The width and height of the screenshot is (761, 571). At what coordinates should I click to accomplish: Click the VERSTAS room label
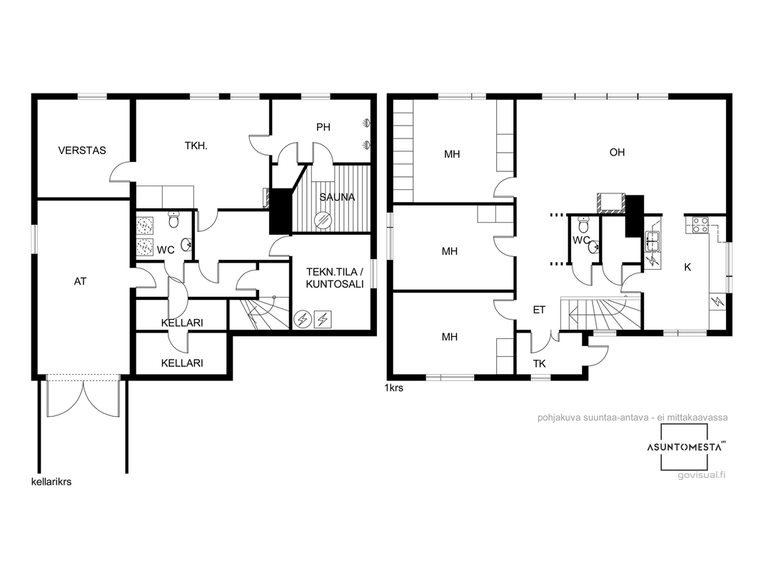pyautogui.click(x=82, y=151)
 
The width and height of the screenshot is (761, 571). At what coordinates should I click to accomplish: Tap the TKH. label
pyautogui.click(x=196, y=146)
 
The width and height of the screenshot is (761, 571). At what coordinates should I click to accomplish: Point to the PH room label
pyautogui.click(x=323, y=127)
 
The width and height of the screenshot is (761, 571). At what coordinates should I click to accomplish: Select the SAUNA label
pyautogui.click(x=337, y=197)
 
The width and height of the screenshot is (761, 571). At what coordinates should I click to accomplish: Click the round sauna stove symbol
pyautogui.click(x=322, y=220)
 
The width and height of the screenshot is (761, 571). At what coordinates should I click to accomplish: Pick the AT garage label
pyautogui.click(x=80, y=281)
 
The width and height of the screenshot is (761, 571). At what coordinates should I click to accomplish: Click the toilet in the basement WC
pyautogui.click(x=173, y=220)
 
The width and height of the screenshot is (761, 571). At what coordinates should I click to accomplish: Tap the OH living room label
pyautogui.click(x=617, y=152)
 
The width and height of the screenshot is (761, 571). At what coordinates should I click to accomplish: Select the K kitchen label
pyautogui.click(x=687, y=268)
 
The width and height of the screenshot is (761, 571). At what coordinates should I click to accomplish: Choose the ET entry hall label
pyautogui.click(x=539, y=310)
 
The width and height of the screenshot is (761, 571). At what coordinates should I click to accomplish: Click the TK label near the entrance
pyautogui.click(x=539, y=363)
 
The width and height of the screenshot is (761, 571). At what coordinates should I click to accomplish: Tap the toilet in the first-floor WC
pyautogui.click(x=583, y=226)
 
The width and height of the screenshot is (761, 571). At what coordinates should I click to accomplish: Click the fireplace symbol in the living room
pyautogui.click(x=611, y=203)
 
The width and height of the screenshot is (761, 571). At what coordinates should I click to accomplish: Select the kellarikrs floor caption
pyautogui.click(x=51, y=482)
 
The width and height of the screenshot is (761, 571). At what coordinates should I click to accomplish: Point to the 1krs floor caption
pyautogui.click(x=393, y=388)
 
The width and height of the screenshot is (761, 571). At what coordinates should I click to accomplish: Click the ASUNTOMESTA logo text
pyautogui.click(x=684, y=448)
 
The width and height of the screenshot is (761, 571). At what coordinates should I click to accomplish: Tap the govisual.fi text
pyautogui.click(x=701, y=475)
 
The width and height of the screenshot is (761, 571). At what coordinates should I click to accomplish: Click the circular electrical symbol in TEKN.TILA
pyautogui.click(x=303, y=319)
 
